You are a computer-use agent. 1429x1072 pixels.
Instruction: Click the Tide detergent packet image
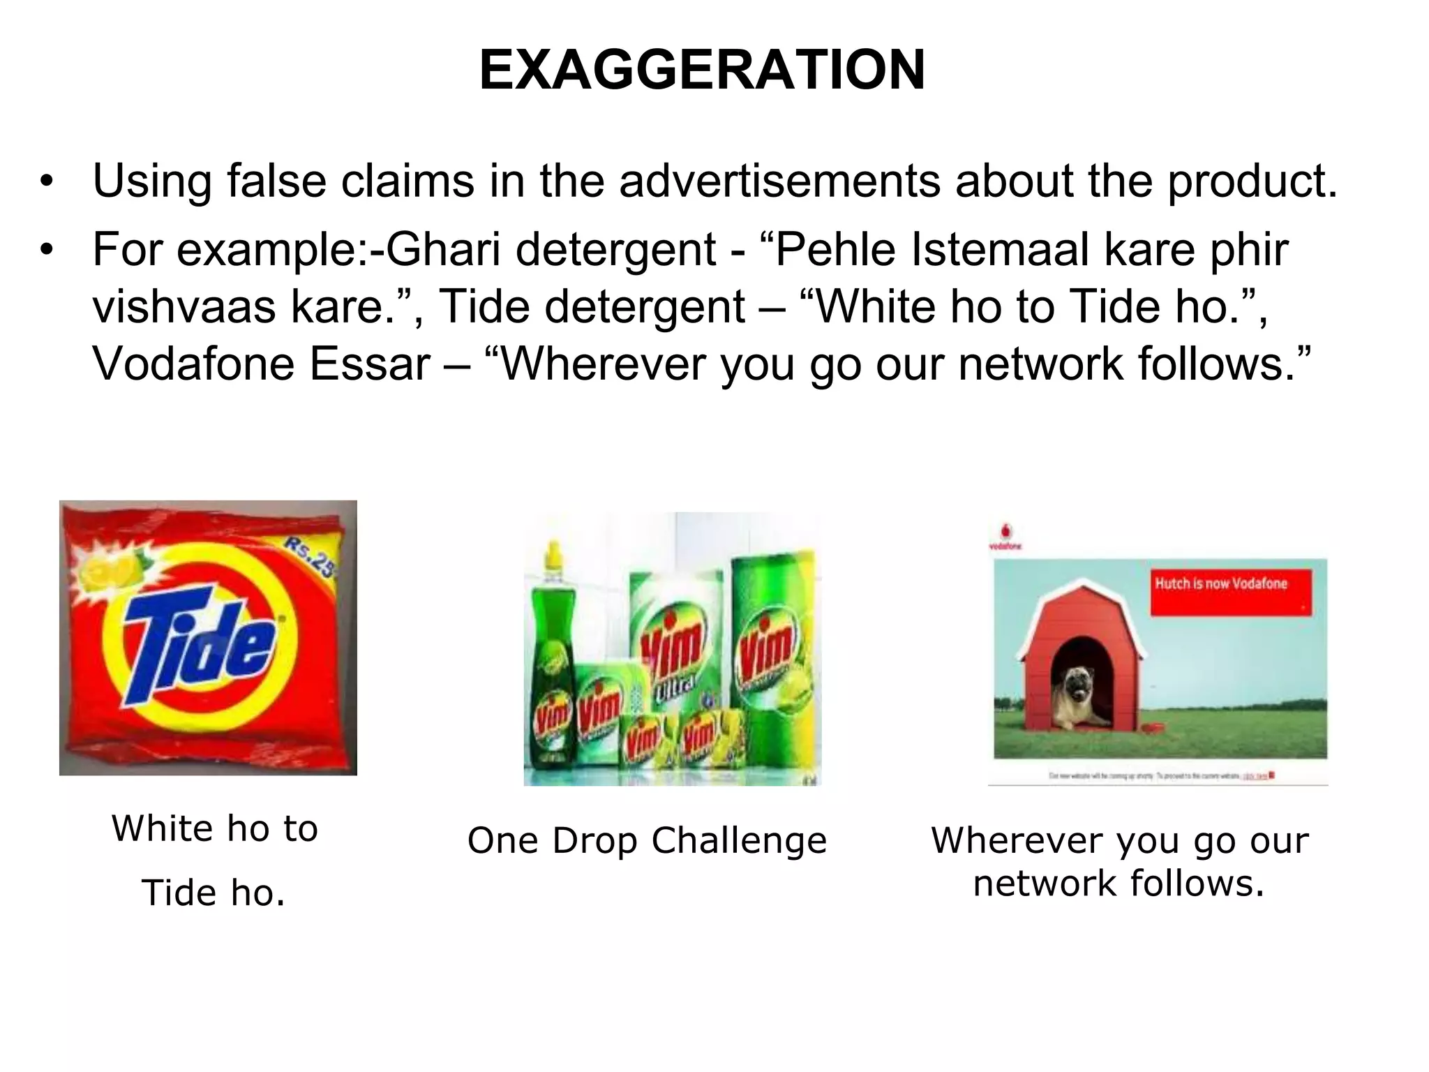point(208,637)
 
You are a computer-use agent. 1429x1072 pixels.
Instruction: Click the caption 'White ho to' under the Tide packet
point(214,828)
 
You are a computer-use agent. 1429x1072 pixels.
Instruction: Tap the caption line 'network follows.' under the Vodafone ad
point(1118,884)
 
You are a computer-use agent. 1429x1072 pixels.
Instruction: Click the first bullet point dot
point(47,183)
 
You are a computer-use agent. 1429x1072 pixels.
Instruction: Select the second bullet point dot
point(47,250)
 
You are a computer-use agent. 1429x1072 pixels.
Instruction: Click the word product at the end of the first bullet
point(1251,181)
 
